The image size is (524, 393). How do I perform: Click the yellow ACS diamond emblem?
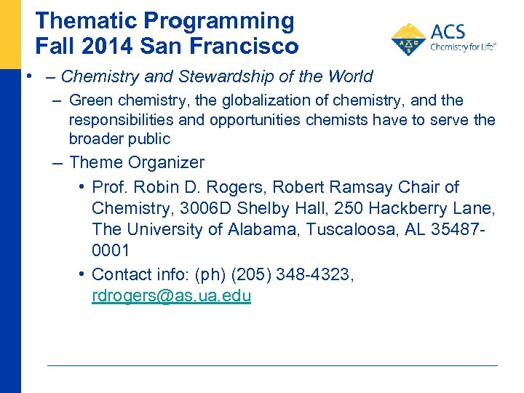click(409, 39)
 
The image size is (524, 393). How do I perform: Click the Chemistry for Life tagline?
click(464, 47)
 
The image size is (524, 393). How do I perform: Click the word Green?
click(92, 100)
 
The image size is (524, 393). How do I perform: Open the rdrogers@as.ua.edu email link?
click(171, 296)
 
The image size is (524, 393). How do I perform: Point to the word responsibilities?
click(123, 119)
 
